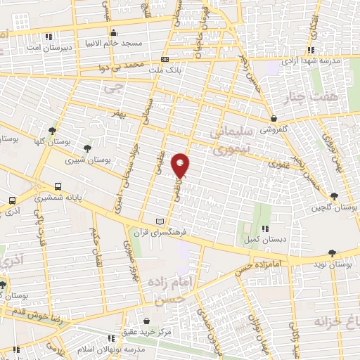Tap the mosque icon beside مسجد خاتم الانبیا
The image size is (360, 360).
click(113, 32)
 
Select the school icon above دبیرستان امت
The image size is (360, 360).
click(47, 37)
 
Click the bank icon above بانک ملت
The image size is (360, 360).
click(165, 60)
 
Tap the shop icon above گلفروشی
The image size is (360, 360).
click(272, 119)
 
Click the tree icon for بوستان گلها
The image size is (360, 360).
click(52, 131)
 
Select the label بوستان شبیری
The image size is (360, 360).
click(89, 160)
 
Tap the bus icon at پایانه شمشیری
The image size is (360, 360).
click(57, 187)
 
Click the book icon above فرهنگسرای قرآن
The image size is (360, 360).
click(168, 221)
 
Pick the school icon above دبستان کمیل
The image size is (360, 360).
click(264, 228)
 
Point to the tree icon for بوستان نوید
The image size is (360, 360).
click(332, 253)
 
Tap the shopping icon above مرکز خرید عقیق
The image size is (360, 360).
click(147, 321)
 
